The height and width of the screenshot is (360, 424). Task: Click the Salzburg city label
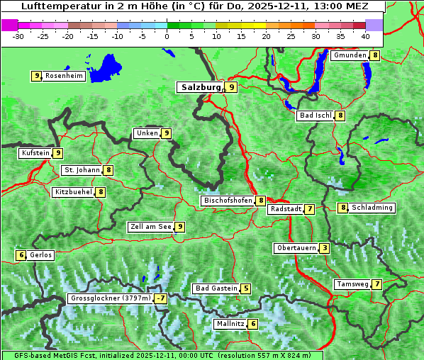pos(201,87)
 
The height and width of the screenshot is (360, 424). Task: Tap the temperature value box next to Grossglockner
pos(161,298)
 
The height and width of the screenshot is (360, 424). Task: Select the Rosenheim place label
pos(64,76)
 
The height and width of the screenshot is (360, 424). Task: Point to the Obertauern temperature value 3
pos(324,248)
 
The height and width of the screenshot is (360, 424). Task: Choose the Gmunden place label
pos(350,55)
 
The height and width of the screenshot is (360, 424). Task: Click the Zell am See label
pos(151,227)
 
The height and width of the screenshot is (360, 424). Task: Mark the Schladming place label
pos(372,208)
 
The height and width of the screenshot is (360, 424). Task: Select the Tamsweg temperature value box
pos(377,284)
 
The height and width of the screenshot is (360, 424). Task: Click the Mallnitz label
pos(230,324)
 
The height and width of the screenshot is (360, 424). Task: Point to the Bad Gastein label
pos(216,288)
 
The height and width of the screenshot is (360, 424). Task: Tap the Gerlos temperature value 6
pos(21,255)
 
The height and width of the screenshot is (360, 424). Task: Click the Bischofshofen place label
pos(228,201)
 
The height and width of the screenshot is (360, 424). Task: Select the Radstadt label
pos(285,209)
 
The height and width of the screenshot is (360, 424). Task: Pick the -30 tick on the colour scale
pos(18,35)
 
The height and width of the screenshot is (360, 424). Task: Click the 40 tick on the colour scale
pos(365,35)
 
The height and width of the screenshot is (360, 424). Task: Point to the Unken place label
pos(147,133)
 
